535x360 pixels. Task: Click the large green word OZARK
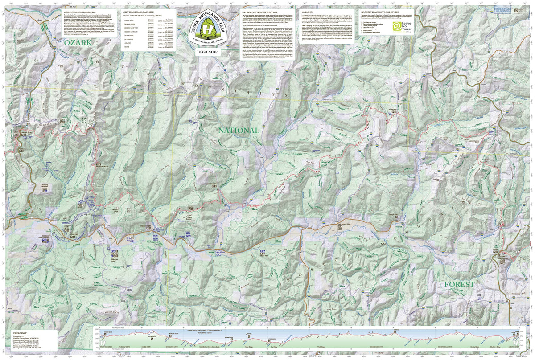point(77,42)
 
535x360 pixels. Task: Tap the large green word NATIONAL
point(238,130)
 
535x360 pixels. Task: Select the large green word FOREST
point(459,284)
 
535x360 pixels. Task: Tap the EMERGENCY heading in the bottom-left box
point(20,333)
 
